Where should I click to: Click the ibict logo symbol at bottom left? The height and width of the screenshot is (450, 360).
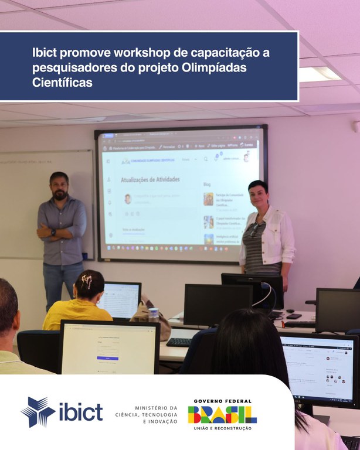(38, 411)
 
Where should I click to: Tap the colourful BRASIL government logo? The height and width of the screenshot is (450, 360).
(222, 414)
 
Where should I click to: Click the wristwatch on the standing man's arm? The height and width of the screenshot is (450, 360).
(53, 232)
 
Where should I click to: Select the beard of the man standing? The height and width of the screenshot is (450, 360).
(60, 193)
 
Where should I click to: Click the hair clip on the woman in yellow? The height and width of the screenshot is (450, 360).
(87, 281)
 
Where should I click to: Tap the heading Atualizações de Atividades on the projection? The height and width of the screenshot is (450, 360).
(150, 180)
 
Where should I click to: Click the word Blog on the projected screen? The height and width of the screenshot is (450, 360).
(206, 184)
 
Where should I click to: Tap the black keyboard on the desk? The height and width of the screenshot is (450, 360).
(179, 342)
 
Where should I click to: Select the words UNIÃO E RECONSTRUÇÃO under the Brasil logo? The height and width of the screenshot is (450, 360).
(222, 429)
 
